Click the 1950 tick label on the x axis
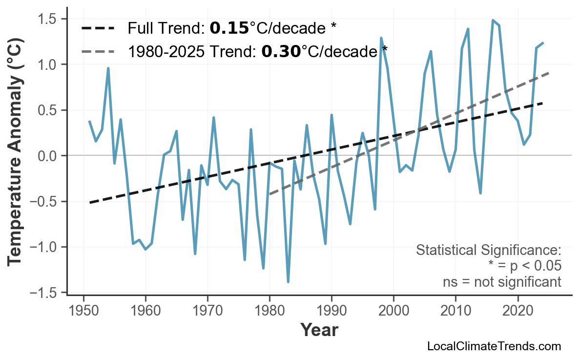(x=83, y=311)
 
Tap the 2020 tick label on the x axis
(x=517, y=311)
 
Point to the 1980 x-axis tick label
(x=269, y=311)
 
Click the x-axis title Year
(x=319, y=330)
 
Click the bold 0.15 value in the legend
(x=229, y=28)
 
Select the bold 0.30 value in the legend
(x=281, y=51)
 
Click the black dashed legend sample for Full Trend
(x=98, y=28)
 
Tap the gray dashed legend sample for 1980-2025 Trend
(x=98, y=51)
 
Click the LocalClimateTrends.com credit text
(x=494, y=346)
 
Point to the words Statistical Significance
(x=488, y=250)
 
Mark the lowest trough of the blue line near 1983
(x=288, y=282)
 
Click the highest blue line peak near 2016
(x=493, y=20)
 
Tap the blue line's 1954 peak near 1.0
(x=108, y=68)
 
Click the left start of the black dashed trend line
(x=90, y=202)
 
